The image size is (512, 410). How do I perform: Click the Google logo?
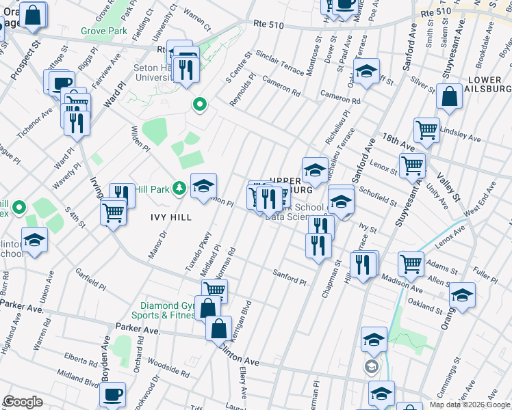pyautogui.click(x=23, y=402)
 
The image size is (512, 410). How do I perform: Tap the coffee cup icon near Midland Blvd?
pyautogui.click(x=113, y=395)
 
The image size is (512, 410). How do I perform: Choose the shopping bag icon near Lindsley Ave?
pyautogui.click(x=450, y=97)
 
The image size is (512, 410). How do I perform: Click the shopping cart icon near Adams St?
pyautogui.click(x=411, y=262)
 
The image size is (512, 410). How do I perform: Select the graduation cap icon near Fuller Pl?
pyautogui.click(x=463, y=296)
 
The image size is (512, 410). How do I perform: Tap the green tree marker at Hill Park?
pyautogui.click(x=179, y=187)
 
